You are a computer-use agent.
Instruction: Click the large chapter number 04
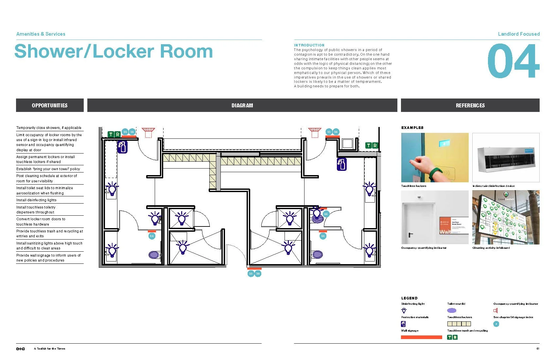click(x=513, y=61)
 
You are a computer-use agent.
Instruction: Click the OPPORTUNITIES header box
click(x=50, y=105)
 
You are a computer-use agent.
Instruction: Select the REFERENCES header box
click(x=470, y=105)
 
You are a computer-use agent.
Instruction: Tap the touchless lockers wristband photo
click(x=435, y=157)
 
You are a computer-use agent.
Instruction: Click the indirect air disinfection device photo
click(x=506, y=157)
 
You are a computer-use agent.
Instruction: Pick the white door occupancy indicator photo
click(x=435, y=217)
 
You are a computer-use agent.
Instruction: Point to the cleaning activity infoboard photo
click(x=506, y=217)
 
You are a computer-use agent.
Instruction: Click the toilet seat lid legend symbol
click(x=452, y=310)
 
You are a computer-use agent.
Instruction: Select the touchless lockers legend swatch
click(x=459, y=324)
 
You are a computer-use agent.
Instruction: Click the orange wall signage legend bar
click(x=421, y=337)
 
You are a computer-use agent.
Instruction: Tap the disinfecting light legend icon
click(x=404, y=310)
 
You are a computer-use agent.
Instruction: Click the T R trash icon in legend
click(x=452, y=337)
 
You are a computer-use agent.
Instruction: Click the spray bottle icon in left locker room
click(x=122, y=147)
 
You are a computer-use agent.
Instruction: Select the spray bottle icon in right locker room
click(x=341, y=164)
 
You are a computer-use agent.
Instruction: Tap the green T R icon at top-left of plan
click(x=114, y=134)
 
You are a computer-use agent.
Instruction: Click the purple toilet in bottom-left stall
click(x=154, y=254)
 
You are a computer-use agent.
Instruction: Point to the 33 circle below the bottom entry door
click(x=251, y=274)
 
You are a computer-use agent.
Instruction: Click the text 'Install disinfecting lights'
click(x=36, y=200)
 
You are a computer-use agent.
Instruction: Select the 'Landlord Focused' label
click(x=518, y=34)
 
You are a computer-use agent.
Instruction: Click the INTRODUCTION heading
click(x=309, y=45)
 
